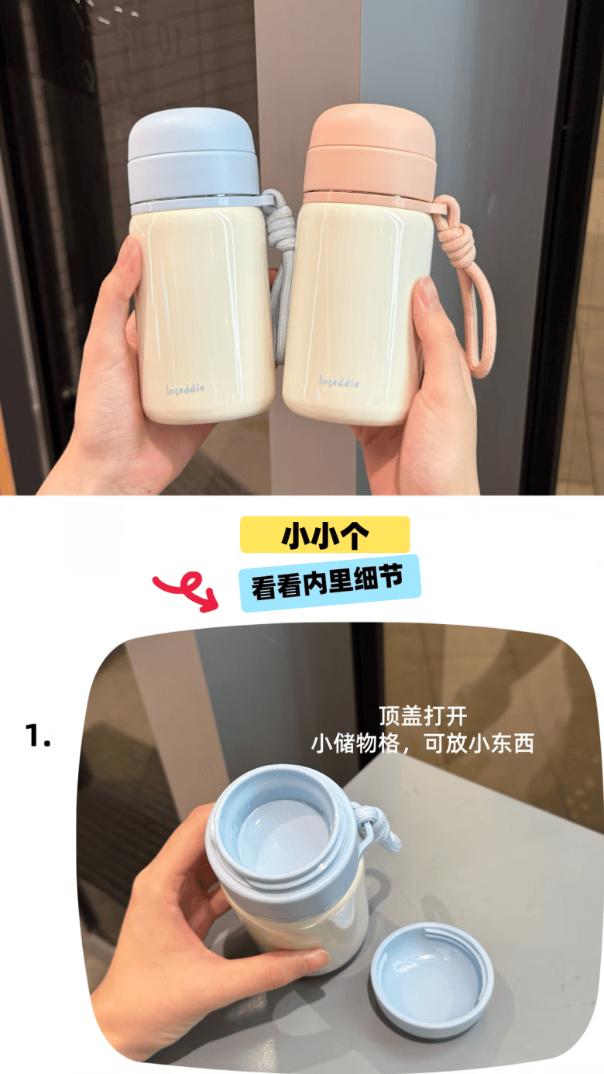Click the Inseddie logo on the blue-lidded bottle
(x=186, y=389)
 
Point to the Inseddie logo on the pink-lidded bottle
(x=339, y=382)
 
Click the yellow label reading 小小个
(x=325, y=534)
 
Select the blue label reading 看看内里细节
(x=330, y=583)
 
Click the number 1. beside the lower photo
(x=38, y=736)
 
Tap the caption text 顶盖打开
(x=423, y=716)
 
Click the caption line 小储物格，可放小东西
(x=422, y=743)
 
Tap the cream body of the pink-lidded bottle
(x=352, y=311)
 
